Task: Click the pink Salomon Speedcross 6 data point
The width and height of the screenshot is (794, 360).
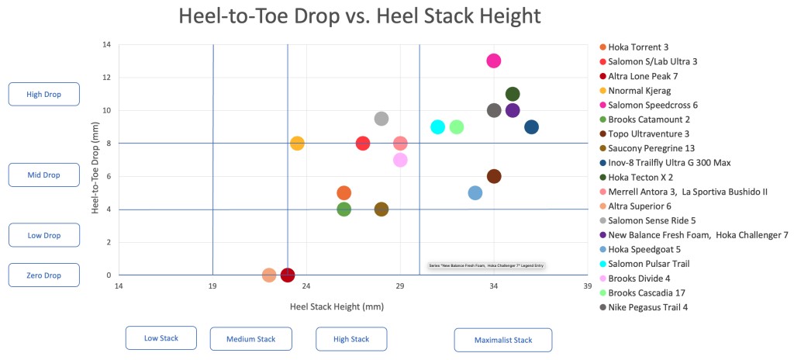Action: [494, 61]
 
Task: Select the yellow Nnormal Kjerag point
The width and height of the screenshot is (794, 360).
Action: [297, 143]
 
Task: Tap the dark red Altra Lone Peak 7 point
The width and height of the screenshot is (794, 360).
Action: [288, 275]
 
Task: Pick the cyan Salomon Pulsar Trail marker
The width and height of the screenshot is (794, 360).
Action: [438, 126]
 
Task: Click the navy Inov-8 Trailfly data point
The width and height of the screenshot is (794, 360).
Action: [531, 127]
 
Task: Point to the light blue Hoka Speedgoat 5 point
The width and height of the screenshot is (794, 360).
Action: [475, 192]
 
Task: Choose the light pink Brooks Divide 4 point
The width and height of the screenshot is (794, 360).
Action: [400, 160]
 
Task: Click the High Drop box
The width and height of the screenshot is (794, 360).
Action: [43, 94]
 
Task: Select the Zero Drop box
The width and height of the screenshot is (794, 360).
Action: [43, 275]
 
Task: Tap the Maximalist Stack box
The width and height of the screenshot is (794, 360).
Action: [502, 340]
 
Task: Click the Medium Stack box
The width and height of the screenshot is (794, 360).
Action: [250, 338]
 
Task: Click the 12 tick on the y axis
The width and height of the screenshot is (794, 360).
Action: [106, 78]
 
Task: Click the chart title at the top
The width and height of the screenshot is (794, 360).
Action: [359, 16]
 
